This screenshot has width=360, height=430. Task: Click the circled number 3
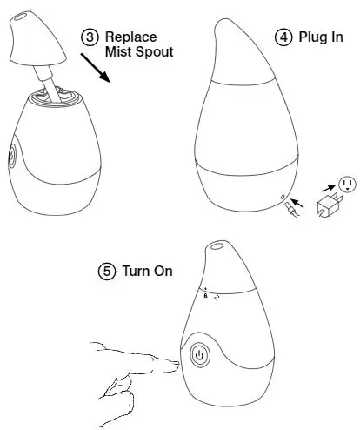[x=90, y=37]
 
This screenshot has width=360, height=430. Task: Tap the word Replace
[x=130, y=37]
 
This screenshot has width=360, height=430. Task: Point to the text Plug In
[x=321, y=37]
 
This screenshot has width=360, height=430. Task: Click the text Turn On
[x=147, y=271]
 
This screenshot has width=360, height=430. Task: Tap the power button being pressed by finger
[x=199, y=355]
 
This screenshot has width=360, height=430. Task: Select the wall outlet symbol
[x=347, y=184]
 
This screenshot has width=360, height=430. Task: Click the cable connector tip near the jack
[x=290, y=210]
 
